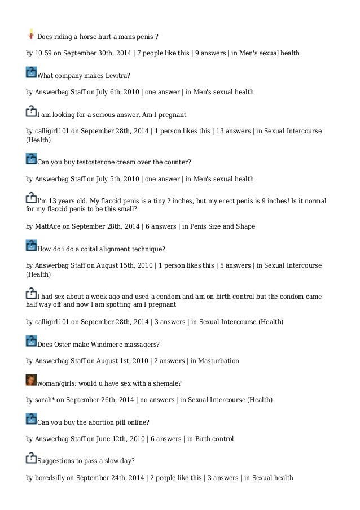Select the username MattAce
(47, 226)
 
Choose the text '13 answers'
(232, 131)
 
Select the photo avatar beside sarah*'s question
(32, 380)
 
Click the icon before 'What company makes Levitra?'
(32, 72)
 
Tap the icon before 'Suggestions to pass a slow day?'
(32, 458)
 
